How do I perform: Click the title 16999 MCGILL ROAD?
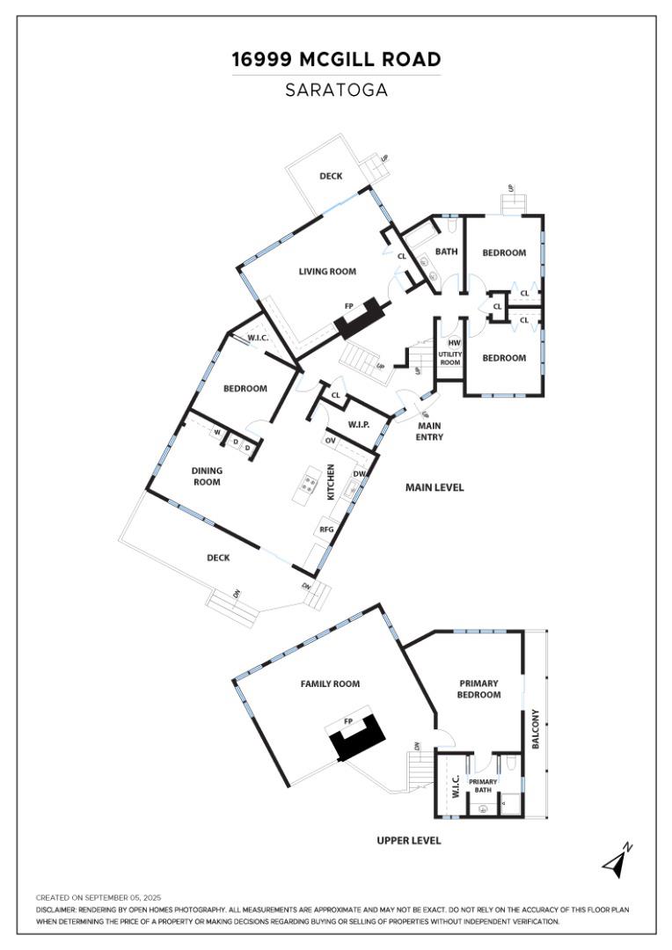pyautogui.click(x=336, y=60)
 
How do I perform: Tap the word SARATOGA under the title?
pyautogui.click(x=336, y=90)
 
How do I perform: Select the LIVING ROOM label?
pyautogui.click(x=327, y=272)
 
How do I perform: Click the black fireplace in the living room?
pyautogui.click(x=362, y=318)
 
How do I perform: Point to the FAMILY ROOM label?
pyautogui.click(x=330, y=683)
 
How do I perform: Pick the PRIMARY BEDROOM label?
pyautogui.click(x=479, y=689)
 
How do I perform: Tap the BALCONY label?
pyautogui.click(x=535, y=729)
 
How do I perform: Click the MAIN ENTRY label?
pyautogui.click(x=429, y=431)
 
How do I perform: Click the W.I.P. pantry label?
pyautogui.click(x=358, y=425)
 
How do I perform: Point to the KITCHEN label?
pyautogui.click(x=331, y=482)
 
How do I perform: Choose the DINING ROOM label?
pyautogui.click(x=207, y=476)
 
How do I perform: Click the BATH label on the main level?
pyautogui.click(x=447, y=252)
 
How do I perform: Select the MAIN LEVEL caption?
pyautogui.click(x=434, y=487)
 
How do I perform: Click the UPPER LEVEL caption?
pyautogui.click(x=408, y=841)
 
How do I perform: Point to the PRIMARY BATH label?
pyautogui.click(x=483, y=786)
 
